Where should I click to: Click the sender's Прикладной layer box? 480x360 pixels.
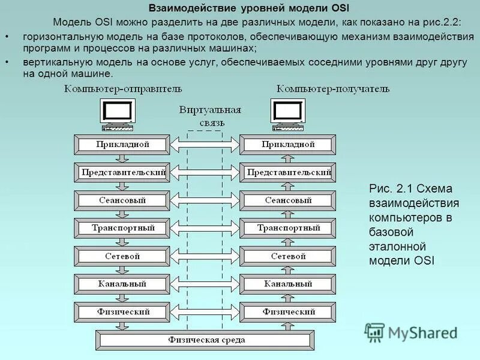tap(122, 145)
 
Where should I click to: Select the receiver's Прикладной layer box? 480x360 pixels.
tap(288, 145)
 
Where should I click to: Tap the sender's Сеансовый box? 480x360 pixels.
tap(122, 200)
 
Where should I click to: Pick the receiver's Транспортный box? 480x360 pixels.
tap(288, 229)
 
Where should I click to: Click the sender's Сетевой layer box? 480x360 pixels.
tap(122, 256)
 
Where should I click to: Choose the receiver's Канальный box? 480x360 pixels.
tap(288, 284)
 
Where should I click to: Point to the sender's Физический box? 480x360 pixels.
tap(122, 312)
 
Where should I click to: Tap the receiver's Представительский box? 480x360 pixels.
tap(288, 173)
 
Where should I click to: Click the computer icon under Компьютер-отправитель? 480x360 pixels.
tap(118, 115)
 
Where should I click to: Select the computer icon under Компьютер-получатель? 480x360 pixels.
tap(288, 115)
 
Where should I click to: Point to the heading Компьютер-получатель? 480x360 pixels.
tap(332, 89)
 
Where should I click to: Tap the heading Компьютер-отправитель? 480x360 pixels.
tap(123, 89)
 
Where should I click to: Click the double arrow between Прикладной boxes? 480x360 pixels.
tap(205, 145)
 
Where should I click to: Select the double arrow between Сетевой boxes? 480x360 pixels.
tap(205, 256)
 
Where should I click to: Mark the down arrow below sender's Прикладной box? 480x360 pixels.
tap(122, 159)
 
